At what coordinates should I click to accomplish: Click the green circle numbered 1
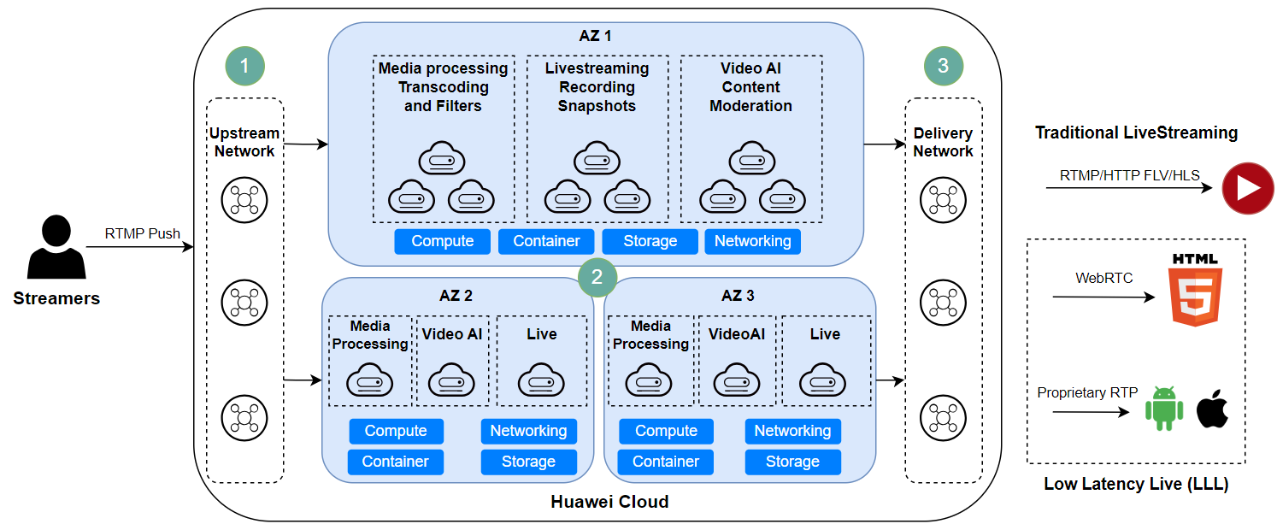point(244,67)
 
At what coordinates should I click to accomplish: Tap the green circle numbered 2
point(597,276)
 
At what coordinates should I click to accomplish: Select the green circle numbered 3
point(944,67)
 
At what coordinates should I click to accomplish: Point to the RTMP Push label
point(143,233)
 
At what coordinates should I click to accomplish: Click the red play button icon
point(1248,187)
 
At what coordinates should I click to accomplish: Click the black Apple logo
point(1212,408)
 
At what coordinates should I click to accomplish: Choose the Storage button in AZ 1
point(650,241)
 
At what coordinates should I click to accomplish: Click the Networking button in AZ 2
point(528,431)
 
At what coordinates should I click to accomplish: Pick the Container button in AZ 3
point(666,462)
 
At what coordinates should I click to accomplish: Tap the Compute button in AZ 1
point(442,241)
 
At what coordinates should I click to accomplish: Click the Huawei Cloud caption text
point(609,502)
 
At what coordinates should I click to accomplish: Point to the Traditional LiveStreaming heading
point(1136,132)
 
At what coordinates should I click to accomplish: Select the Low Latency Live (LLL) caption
point(1136,484)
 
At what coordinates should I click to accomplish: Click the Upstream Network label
point(244,142)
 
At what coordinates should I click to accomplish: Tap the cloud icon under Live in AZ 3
point(823,380)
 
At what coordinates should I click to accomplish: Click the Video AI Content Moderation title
point(750,87)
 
